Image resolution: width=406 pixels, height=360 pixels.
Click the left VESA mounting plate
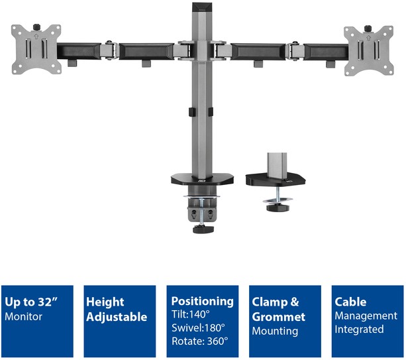[x=36, y=49]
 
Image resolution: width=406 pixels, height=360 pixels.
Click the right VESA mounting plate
[x=369, y=50]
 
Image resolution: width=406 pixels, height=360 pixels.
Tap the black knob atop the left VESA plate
[x=36, y=27]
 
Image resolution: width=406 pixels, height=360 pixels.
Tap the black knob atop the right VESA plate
[x=368, y=29]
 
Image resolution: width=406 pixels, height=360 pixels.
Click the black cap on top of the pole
[x=202, y=7]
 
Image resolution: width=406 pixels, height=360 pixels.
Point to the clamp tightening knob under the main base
[x=203, y=229]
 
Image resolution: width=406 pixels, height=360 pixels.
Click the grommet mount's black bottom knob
[x=278, y=208]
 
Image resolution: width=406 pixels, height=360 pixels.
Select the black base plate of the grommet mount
[x=276, y=180]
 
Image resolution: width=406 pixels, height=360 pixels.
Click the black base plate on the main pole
[x=202, y=180]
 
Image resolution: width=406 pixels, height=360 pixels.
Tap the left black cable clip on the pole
[x=191, y=112]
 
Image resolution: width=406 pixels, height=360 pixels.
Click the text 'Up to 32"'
[x=31, y=302]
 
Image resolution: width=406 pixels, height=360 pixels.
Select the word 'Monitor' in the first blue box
[x=23, y=316]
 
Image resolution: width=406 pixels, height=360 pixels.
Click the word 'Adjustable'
[x=117, y=317]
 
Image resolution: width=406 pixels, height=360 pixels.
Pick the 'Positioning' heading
[x=202, y=302]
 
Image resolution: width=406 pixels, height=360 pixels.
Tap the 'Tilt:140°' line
[x=191, y=314]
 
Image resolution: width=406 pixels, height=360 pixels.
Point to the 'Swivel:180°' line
[x=198, y=328]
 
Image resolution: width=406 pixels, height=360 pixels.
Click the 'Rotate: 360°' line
[x=200, y=341]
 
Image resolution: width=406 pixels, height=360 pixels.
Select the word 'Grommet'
[x=279, y=317]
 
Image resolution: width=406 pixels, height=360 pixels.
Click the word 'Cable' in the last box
[x=350, y=302]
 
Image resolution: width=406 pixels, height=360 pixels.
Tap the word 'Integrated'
[x=359, y=330]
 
